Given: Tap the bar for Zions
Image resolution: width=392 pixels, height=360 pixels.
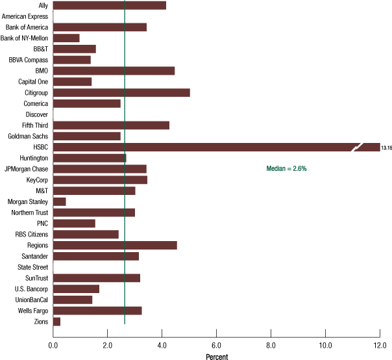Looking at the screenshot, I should tap(56, 322).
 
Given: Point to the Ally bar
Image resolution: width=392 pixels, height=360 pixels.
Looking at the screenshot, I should tap(110, 5).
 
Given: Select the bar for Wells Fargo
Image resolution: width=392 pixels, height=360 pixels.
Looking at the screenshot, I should tap(97, 311).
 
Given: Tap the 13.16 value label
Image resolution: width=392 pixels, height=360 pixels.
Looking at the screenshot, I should tap(386, 148).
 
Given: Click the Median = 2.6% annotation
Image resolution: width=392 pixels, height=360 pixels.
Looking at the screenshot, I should tap(286, 168).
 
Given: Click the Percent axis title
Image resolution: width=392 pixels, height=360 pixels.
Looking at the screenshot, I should tap(217, 356).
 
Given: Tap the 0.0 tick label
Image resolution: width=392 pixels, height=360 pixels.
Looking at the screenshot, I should tap(53, 345).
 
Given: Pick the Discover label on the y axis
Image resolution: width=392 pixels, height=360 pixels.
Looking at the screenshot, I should tap(36, 114).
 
